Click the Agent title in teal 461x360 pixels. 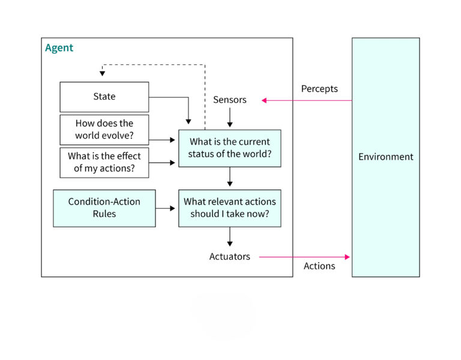coord(59,48)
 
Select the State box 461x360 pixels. coord(104,97)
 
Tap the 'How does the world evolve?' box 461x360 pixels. coord(104,129)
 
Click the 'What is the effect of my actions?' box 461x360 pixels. coord(104,162)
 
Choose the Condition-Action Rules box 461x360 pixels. coord(104,208)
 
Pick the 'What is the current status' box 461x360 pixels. coord(229,148)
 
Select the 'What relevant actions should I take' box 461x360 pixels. coord(229,208)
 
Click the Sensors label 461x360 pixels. coord(229,100)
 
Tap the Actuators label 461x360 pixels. coord(229,256)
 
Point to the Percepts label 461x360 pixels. coord(319,89)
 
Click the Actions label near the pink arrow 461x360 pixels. coord(319,266)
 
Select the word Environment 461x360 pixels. coord(385,157)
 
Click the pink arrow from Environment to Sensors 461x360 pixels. coord(306,100)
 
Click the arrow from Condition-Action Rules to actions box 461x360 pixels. coord(166,208)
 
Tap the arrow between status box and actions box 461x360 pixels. coord(229,177)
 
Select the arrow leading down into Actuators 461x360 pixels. coord(229,236)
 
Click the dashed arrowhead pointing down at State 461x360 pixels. coord(102,73)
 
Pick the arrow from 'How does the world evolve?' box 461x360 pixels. coord(163,139)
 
